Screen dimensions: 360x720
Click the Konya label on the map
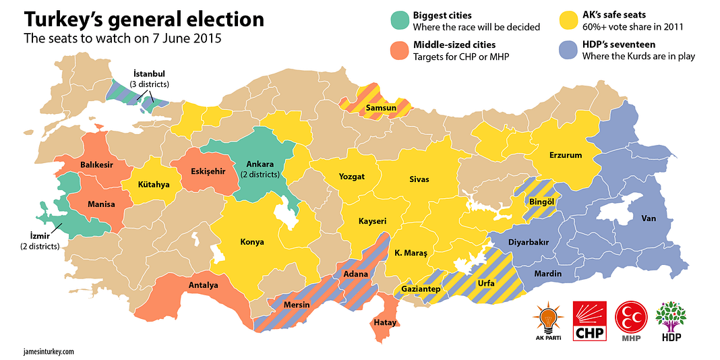251,242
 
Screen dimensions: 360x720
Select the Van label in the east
649,218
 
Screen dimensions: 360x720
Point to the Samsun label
381,107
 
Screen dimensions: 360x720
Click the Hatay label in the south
385,323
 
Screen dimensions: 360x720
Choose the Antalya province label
203,285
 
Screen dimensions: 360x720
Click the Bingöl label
541,201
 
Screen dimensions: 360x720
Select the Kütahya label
154,184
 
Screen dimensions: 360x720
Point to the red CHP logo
589,321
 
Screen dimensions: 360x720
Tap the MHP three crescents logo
630,319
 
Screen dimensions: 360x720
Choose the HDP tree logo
671,319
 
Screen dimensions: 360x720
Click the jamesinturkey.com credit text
49,351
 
